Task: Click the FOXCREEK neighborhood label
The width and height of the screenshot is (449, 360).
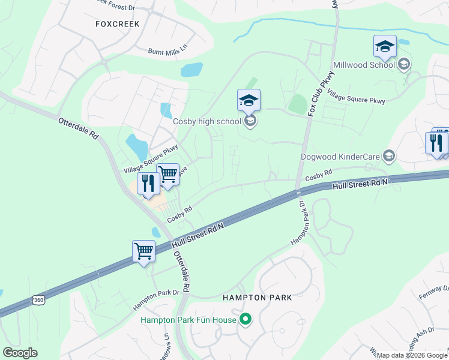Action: pos(117,24)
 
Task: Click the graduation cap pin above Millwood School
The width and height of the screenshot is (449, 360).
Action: pos(385,46)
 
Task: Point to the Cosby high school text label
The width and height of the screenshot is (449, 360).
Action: pos(206,121)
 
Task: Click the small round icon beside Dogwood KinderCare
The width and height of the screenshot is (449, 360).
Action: pos(389,157)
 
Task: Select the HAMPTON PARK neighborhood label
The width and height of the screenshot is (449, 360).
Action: pos(257,297)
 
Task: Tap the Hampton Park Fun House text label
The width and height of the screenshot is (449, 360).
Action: pos(188,320)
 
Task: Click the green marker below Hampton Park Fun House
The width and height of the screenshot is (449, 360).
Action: pos(245,320)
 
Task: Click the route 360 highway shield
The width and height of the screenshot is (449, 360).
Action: pos(38,299)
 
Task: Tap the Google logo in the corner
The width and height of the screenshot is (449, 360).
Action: pos(20,353)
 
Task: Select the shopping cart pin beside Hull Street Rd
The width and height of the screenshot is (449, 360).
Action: pos(144,251)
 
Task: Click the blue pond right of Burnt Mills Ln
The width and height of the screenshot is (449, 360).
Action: pos(192,70)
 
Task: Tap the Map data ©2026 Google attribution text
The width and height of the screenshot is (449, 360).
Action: pos(412,355)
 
